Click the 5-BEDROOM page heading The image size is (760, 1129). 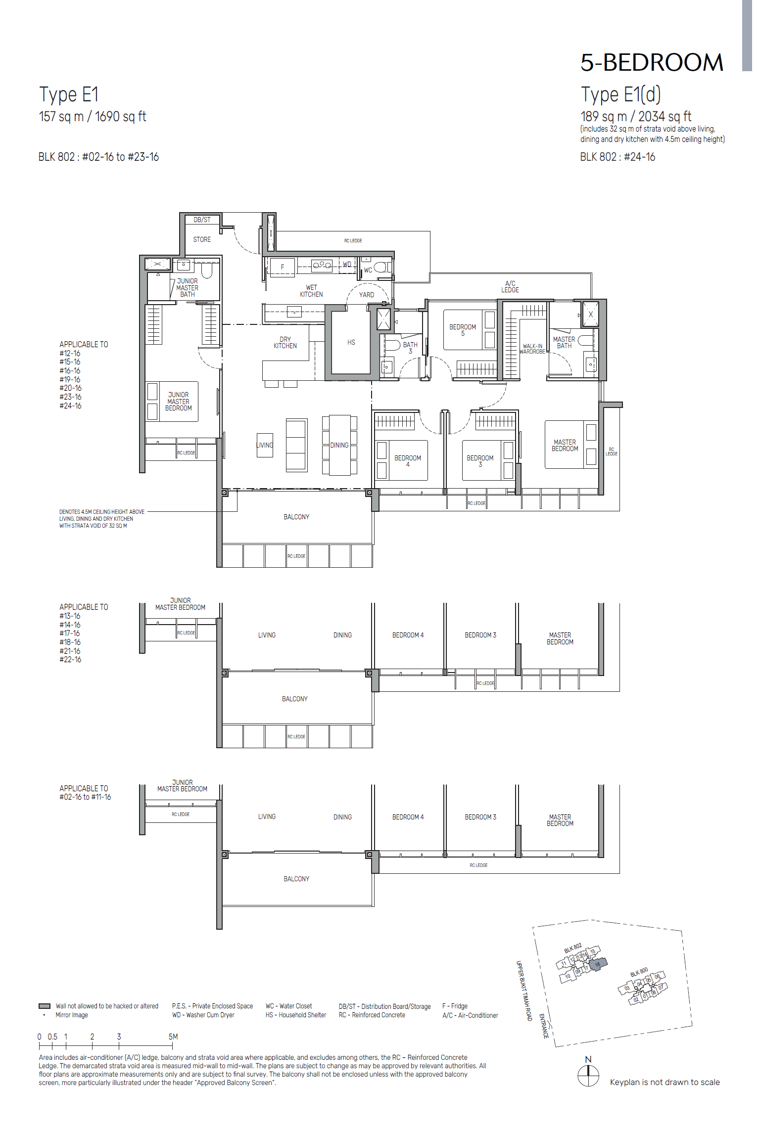(651, 63)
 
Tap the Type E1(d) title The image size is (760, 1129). (620, 94)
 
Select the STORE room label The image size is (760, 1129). (201, 240)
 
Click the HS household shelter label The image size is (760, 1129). (351, 343)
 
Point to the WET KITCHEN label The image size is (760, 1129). (311, 291)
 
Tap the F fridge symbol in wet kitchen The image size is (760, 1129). (283, 267)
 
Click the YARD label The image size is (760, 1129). (366, 295)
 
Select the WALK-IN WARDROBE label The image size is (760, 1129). (532, 349)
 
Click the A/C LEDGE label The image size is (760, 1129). (510, 287)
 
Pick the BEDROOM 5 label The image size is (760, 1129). (462, 330)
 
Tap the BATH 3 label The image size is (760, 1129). (410, 348)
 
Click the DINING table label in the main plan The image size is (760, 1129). (339, 446)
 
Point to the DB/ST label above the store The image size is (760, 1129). (202, 220)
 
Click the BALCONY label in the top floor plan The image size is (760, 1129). (296, 517)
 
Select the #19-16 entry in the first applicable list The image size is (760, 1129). (70, 380)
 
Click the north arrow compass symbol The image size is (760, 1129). (588, 1076)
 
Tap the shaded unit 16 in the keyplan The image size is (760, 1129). (598, 964)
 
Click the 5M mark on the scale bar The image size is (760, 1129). (173, 1037)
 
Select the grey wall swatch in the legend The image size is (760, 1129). (45, 1006)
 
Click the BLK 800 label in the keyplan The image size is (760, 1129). (639, 972)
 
